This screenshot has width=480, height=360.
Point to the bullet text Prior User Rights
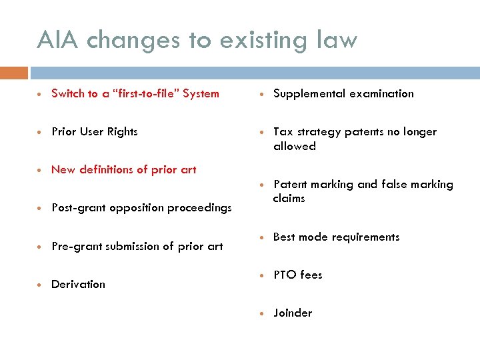coord(95,131)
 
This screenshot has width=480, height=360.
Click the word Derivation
coord(78,284)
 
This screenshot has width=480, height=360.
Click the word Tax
coord(283,131)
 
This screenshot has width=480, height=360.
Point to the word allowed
coord(294,146)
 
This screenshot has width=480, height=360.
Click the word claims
coord(289,198)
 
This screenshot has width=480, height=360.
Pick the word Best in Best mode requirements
coord(285,237)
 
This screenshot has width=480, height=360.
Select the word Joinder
coord(293,313)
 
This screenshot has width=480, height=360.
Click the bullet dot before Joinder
coord(263,313)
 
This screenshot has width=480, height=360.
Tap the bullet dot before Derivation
coord(41,285)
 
